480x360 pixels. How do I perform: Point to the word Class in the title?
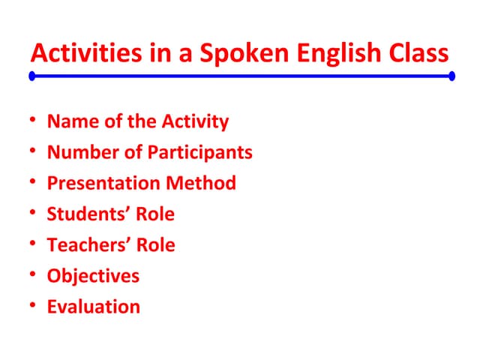416,54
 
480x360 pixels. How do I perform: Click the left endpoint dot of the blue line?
32,76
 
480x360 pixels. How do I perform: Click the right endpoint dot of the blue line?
451,76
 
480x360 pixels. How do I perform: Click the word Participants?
199,152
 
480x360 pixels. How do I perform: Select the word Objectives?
93,275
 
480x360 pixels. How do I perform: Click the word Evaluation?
93,306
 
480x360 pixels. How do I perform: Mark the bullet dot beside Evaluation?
33,306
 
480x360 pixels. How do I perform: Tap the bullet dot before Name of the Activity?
33,121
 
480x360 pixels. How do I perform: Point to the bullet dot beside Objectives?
33,275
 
